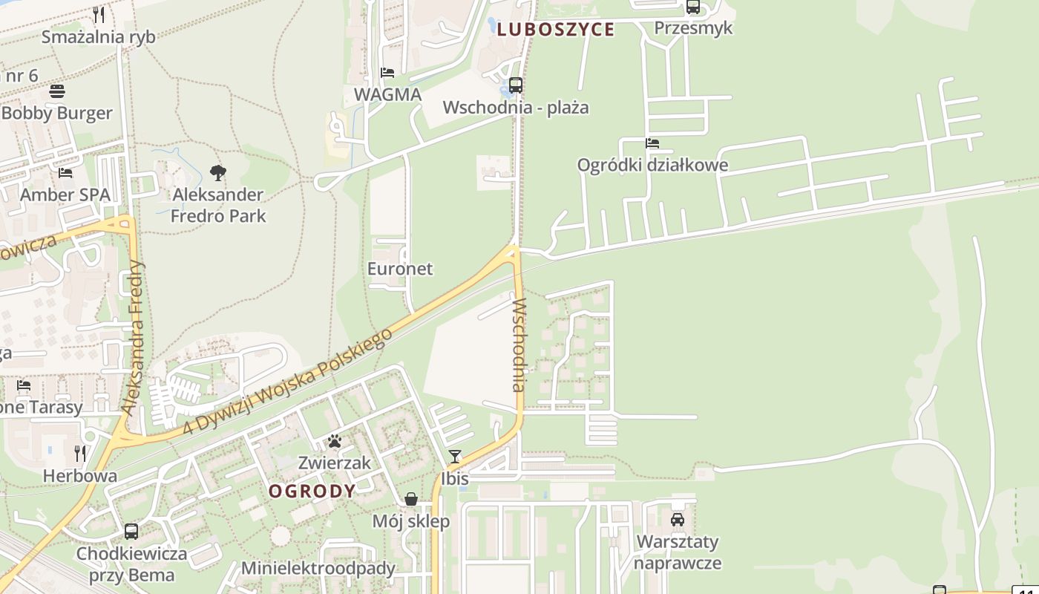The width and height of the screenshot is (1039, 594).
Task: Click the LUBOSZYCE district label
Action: [x=555, y=30]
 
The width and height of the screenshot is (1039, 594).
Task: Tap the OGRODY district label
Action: [x=312, y=491]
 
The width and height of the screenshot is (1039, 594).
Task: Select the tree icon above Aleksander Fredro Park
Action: [x=217, y=173]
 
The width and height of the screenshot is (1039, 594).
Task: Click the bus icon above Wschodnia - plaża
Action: [x=516, y=85]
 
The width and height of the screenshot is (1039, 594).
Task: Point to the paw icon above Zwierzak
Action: [x=335, y=441]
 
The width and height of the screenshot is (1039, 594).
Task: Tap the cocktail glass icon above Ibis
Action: [x=455, y=457]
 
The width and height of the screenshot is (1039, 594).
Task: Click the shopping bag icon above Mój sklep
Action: [x=411, y=499]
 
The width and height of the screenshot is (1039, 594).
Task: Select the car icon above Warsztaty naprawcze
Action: [x=678, y=520]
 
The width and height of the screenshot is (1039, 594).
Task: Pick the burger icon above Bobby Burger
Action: [x=57, y=91]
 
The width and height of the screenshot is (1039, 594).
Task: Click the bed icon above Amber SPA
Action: [x=65, y=173]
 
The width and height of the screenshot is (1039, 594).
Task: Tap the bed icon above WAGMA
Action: [x=387, y=73]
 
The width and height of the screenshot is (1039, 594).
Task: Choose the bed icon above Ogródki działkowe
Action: [x=652, y=143]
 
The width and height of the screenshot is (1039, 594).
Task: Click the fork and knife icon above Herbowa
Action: [x=80, y=453]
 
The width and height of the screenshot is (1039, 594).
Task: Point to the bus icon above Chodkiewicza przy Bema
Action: [x=131, y=532]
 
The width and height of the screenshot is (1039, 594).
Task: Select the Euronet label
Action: [x=400, y=269]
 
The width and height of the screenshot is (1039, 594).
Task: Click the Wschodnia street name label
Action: [x=519, y=345]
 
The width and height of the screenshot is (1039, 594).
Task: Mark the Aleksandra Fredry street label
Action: [x=134, y=338]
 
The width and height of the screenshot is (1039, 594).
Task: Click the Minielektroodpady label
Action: [x=318, y=569]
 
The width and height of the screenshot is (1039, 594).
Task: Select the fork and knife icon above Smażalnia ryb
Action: [x=99, y=14]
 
